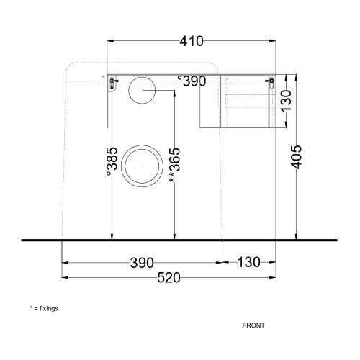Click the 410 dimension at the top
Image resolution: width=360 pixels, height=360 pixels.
tap(192, 41)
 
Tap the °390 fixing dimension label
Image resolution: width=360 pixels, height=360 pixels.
tap(192, 81)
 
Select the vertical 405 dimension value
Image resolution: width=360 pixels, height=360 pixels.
tap(297, 157)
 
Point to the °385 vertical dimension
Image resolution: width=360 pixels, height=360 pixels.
tap(112, 161)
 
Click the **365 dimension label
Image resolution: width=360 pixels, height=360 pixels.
tap(174, 166)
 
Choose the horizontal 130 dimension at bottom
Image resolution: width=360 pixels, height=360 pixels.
tap(248, 262)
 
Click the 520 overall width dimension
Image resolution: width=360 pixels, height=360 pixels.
tap(168, 278)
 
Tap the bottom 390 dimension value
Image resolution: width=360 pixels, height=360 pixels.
tap(142, 263)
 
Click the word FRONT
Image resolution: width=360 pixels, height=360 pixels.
tap(253, 325)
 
